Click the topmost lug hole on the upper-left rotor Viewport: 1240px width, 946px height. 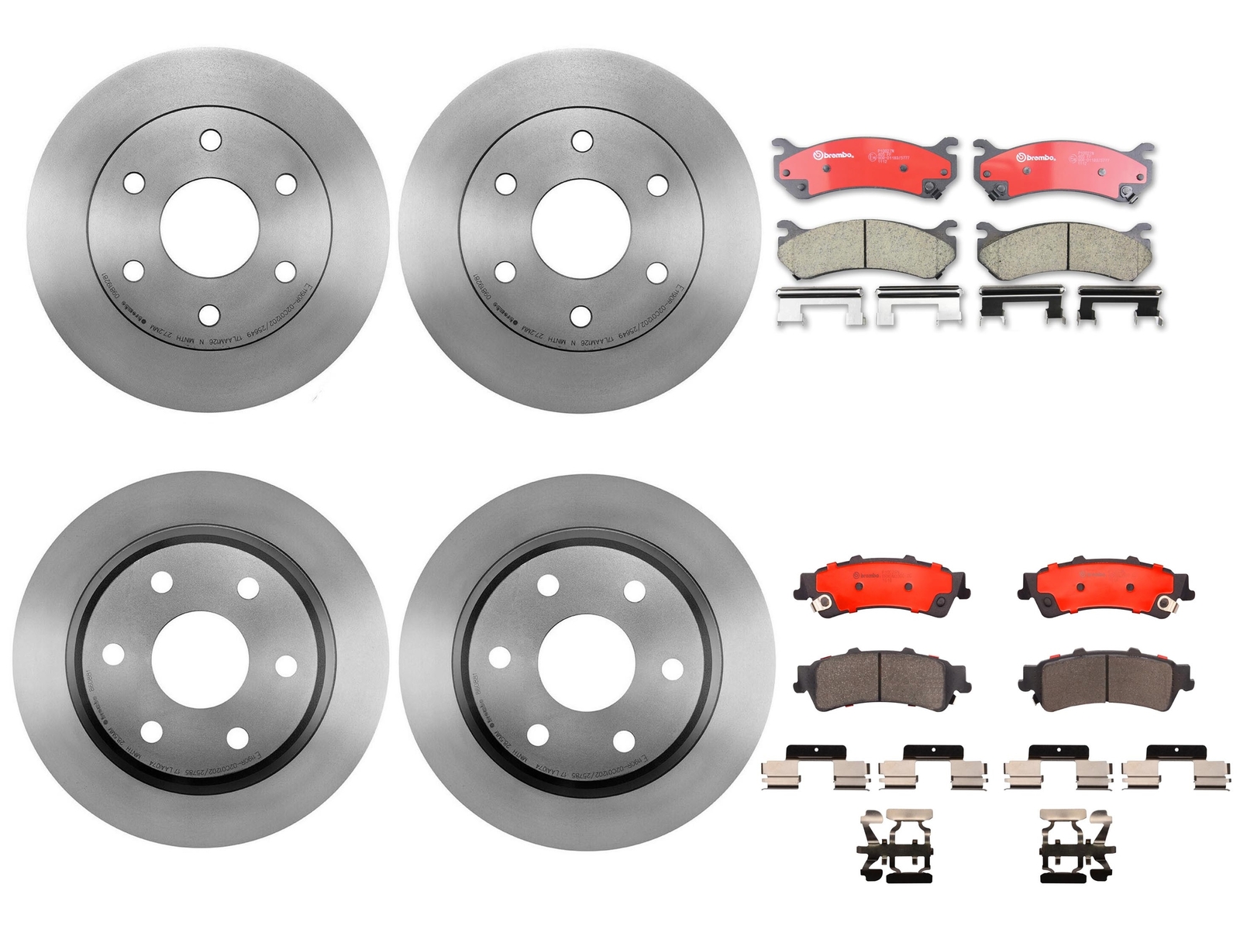210,140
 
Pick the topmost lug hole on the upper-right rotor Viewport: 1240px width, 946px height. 582,141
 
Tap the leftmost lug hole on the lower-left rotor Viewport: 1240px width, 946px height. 113,655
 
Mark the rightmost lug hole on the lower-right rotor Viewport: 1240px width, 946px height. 672,669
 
